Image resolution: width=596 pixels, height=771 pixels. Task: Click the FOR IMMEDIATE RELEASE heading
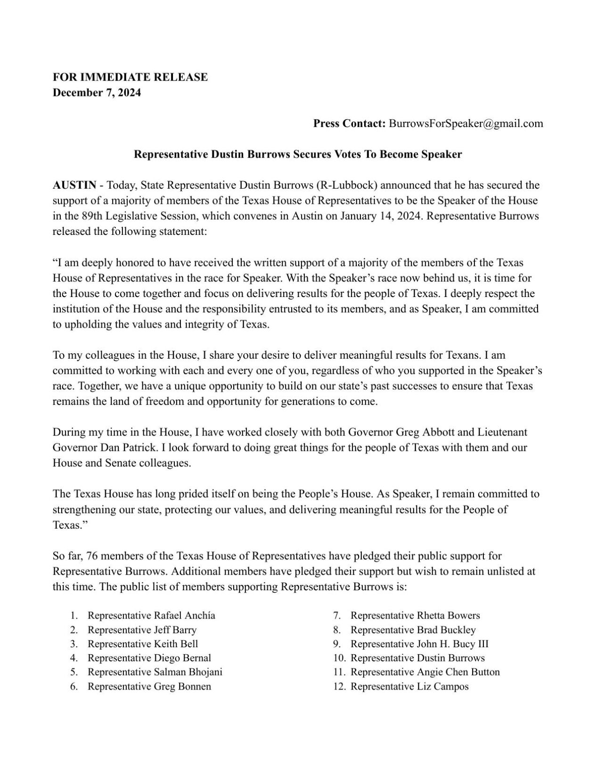tap(130, 77)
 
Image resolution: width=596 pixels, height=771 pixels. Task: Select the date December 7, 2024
tap(97, 93)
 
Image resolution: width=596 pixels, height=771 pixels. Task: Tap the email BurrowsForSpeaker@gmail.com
tap(465, 123)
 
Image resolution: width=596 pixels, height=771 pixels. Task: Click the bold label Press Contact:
tap(350, 123)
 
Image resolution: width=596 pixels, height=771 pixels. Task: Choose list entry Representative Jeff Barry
tap(142, 629)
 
